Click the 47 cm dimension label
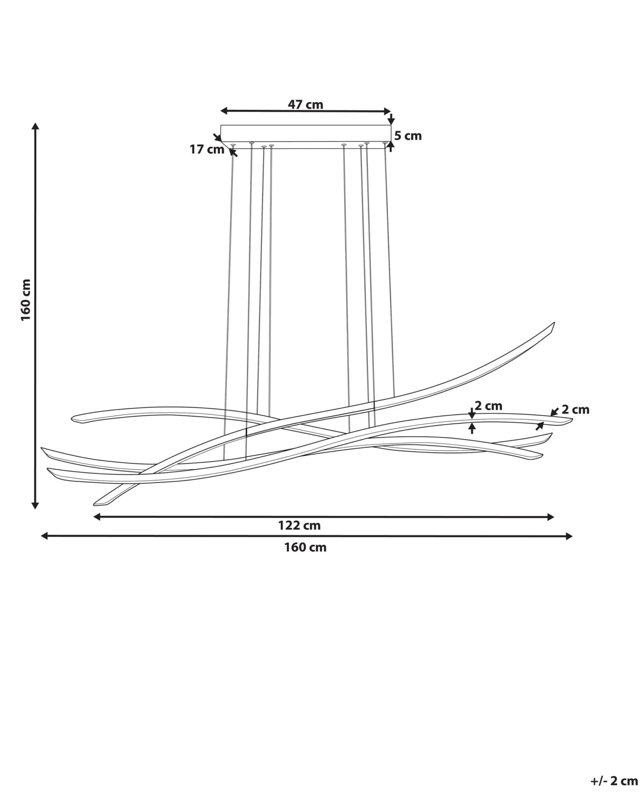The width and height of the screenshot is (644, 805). click(x=305, y=104)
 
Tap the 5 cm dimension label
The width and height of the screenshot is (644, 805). click(x=408, y=136)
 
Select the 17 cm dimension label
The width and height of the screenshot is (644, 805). click(x=207, y=149)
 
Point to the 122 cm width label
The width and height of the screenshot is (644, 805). click(x=299, y=526)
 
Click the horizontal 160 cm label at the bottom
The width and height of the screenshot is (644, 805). click(x=305, y=547)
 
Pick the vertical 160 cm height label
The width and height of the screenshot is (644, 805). click(x=26, y=300)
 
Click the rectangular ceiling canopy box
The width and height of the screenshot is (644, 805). click(x=305, y=133)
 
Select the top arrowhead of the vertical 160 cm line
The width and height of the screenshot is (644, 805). click(x=36, y=126)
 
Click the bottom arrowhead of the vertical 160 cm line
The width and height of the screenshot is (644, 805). click(x=36, y=506)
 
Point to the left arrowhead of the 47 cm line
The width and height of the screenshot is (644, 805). click(x=224, y=111)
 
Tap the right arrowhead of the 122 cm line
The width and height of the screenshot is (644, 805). click(x=551, y=517)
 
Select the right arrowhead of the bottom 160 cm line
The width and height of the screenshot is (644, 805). click(x=569, y=536)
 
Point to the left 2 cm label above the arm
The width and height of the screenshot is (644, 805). click(x=488, y=406)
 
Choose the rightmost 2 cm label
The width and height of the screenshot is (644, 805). click(x=575, y=410)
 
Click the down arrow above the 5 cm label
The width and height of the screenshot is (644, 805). click(x=391, y=119)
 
